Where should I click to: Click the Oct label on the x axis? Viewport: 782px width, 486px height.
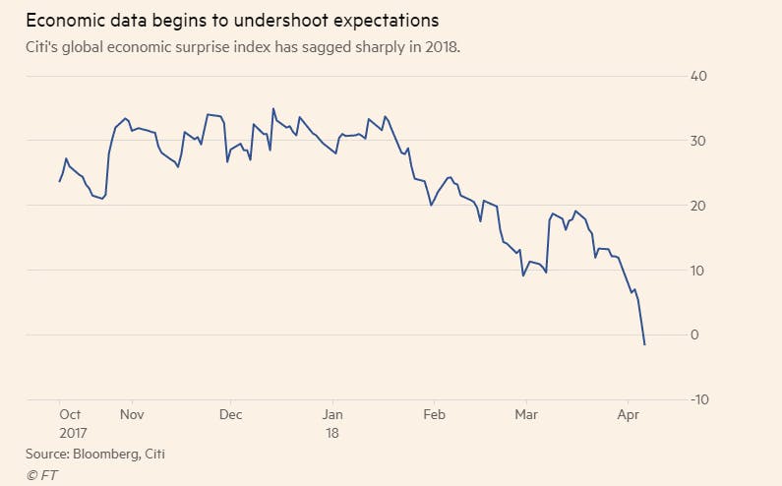[71, 415]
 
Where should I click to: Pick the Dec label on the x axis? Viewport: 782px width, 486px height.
[231, 415]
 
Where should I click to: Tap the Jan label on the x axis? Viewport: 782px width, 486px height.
[333, 415]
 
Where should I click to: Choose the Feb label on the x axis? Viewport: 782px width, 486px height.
[434, 415]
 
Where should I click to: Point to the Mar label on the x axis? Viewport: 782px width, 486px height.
[528, 415]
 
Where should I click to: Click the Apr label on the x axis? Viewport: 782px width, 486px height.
[630, 415]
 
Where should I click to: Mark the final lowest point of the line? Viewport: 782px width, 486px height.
[644, 344]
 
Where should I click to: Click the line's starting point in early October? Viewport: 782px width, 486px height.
[59, 181]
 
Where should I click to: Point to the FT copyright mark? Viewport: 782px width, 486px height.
[40, 473]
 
